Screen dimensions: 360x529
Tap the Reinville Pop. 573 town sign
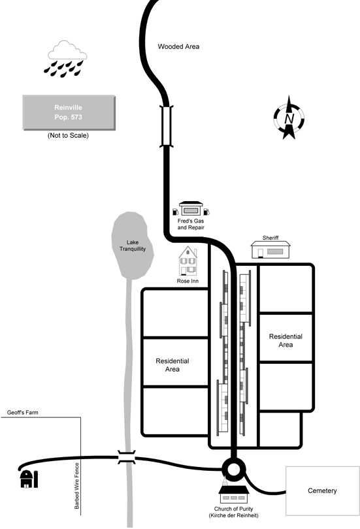click(69, 112)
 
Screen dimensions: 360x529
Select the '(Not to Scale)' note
click(68, 135)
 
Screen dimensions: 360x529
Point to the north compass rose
click(289, 118)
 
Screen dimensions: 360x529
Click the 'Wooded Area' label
click(178, 46)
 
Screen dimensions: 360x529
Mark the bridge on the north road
click(167, 126)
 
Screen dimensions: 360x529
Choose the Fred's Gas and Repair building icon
click(191, 208)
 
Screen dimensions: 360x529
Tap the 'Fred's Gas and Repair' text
click(191, 224)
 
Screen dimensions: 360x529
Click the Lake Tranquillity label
click(133, 246)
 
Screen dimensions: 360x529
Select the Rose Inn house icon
click(188, 261)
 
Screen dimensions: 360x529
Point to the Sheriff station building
click(270, 249)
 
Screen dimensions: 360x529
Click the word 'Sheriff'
click(270, 238)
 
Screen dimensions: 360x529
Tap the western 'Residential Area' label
click(172, 365)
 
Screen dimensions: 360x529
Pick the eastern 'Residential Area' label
click(286, 340)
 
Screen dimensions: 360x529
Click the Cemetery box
click(323, 491)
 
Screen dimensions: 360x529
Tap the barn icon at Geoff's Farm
click(29, 479)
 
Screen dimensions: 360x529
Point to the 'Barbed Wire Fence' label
click(77, 486)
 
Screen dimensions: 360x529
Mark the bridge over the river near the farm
click(127, 457)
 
